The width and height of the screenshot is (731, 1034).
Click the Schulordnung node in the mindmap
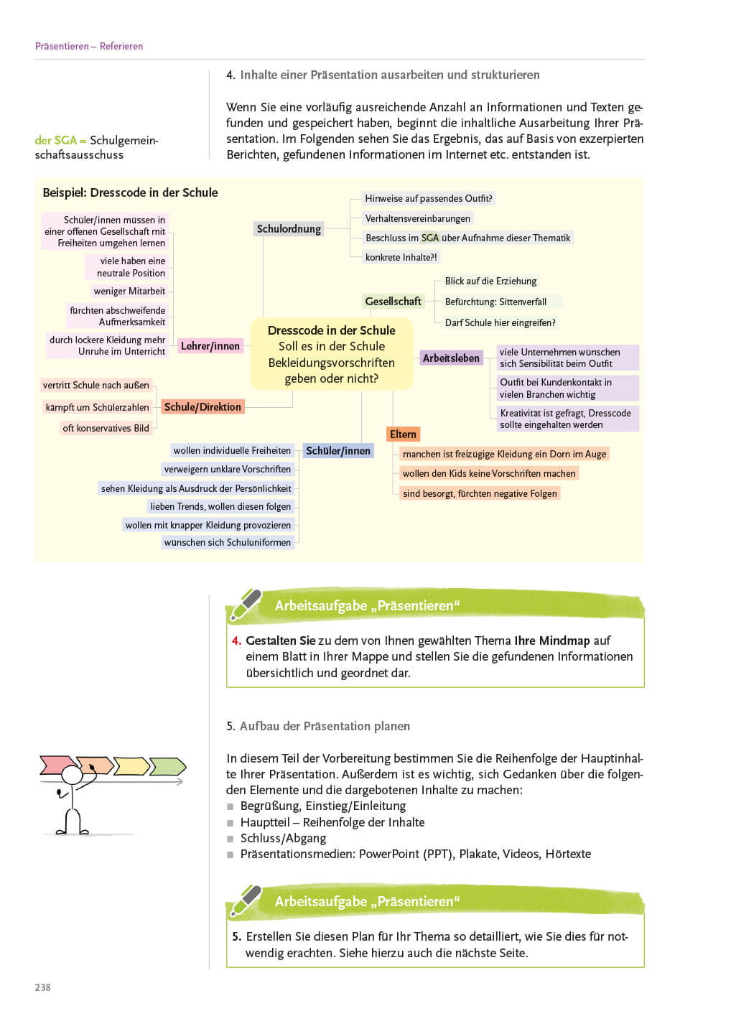(x=289, y=229)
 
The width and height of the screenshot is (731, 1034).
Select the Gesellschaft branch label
(x=393, y=302)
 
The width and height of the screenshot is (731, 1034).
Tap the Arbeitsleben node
(x=451, y=358)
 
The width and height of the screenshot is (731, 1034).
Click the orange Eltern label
(x=403, y=434)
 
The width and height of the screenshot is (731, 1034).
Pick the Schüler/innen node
(x=338, y=451)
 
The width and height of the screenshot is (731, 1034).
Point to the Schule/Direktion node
(x=202, y=407)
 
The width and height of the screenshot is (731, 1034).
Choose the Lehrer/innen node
(x=210, y=346)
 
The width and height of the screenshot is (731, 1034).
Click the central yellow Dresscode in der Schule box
(x=331, y=354)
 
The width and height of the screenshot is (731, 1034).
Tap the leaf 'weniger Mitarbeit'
(x=129, y=292)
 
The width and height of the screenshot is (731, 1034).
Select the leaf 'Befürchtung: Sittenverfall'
(x=495, y=302)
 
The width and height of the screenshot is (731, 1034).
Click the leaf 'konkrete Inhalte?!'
(x=401, y=257)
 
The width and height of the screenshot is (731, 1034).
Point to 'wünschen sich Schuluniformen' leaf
(x=228, y=543)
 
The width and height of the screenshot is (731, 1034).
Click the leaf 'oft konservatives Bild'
(x=106, y=429)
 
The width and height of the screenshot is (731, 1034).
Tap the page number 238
(x=42, y=987)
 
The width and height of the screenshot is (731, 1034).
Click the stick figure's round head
(x=72, y=775)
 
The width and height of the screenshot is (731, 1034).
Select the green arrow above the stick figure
(x=169, y=766)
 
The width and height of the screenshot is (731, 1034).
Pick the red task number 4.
(x=236, y=641)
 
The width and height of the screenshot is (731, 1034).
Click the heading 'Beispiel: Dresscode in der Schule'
(x=130, y=192)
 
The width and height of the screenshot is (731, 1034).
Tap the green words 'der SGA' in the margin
(x=55, y=141)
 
